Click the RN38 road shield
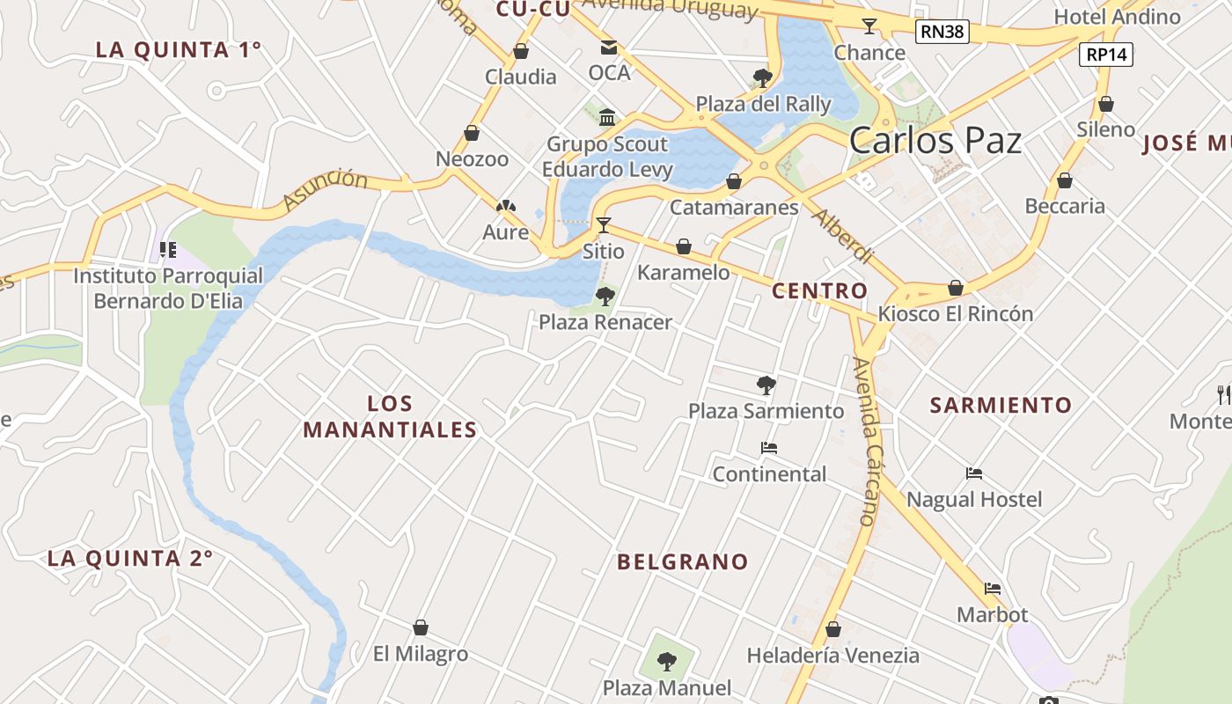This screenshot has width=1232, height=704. pyautogui.click(x=942, y=33)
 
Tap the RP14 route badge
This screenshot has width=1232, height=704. pyautogui.click(x=1106, y=55)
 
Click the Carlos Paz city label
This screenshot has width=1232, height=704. pyautogui.click(x=935, y=141)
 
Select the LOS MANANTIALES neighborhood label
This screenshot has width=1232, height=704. pyautogui.click(x=389, y=416)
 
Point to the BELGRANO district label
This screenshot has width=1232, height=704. pyautogui.click(x=683, y=561)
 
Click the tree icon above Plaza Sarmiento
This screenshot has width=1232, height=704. pyautogui.click(x=766, y=385)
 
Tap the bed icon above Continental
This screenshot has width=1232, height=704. pyautogui.click(x=769, y=448)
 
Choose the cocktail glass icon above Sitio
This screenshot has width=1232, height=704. pyautogui.click(x=604, y=225)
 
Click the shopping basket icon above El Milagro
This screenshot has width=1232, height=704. pyautogui.click(x=421, y=627)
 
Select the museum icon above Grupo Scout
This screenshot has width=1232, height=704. pyautogui.click(x=607, y=118)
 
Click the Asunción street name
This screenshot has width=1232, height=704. pyautogui.click(x=326, y=190)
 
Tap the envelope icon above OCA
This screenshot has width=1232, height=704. pyautogui.click(x=609, y=48)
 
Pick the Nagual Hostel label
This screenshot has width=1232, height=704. pyautogui.click(x=974, y=500)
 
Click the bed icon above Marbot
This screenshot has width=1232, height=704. pyautogui.click(x=993, y=588)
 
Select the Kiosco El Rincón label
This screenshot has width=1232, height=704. pyautogui.click(x=956, y=314)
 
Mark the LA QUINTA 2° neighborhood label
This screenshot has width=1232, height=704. pyautogui.click(x=130, y=558)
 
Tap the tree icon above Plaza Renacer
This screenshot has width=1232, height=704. pyautogui.click(x=605, y=297)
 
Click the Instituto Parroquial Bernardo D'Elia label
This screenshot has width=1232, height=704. pyautogui.click(x=167, y=289)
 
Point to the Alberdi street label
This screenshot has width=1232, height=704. pyautogui.click(x=843, y=236)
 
